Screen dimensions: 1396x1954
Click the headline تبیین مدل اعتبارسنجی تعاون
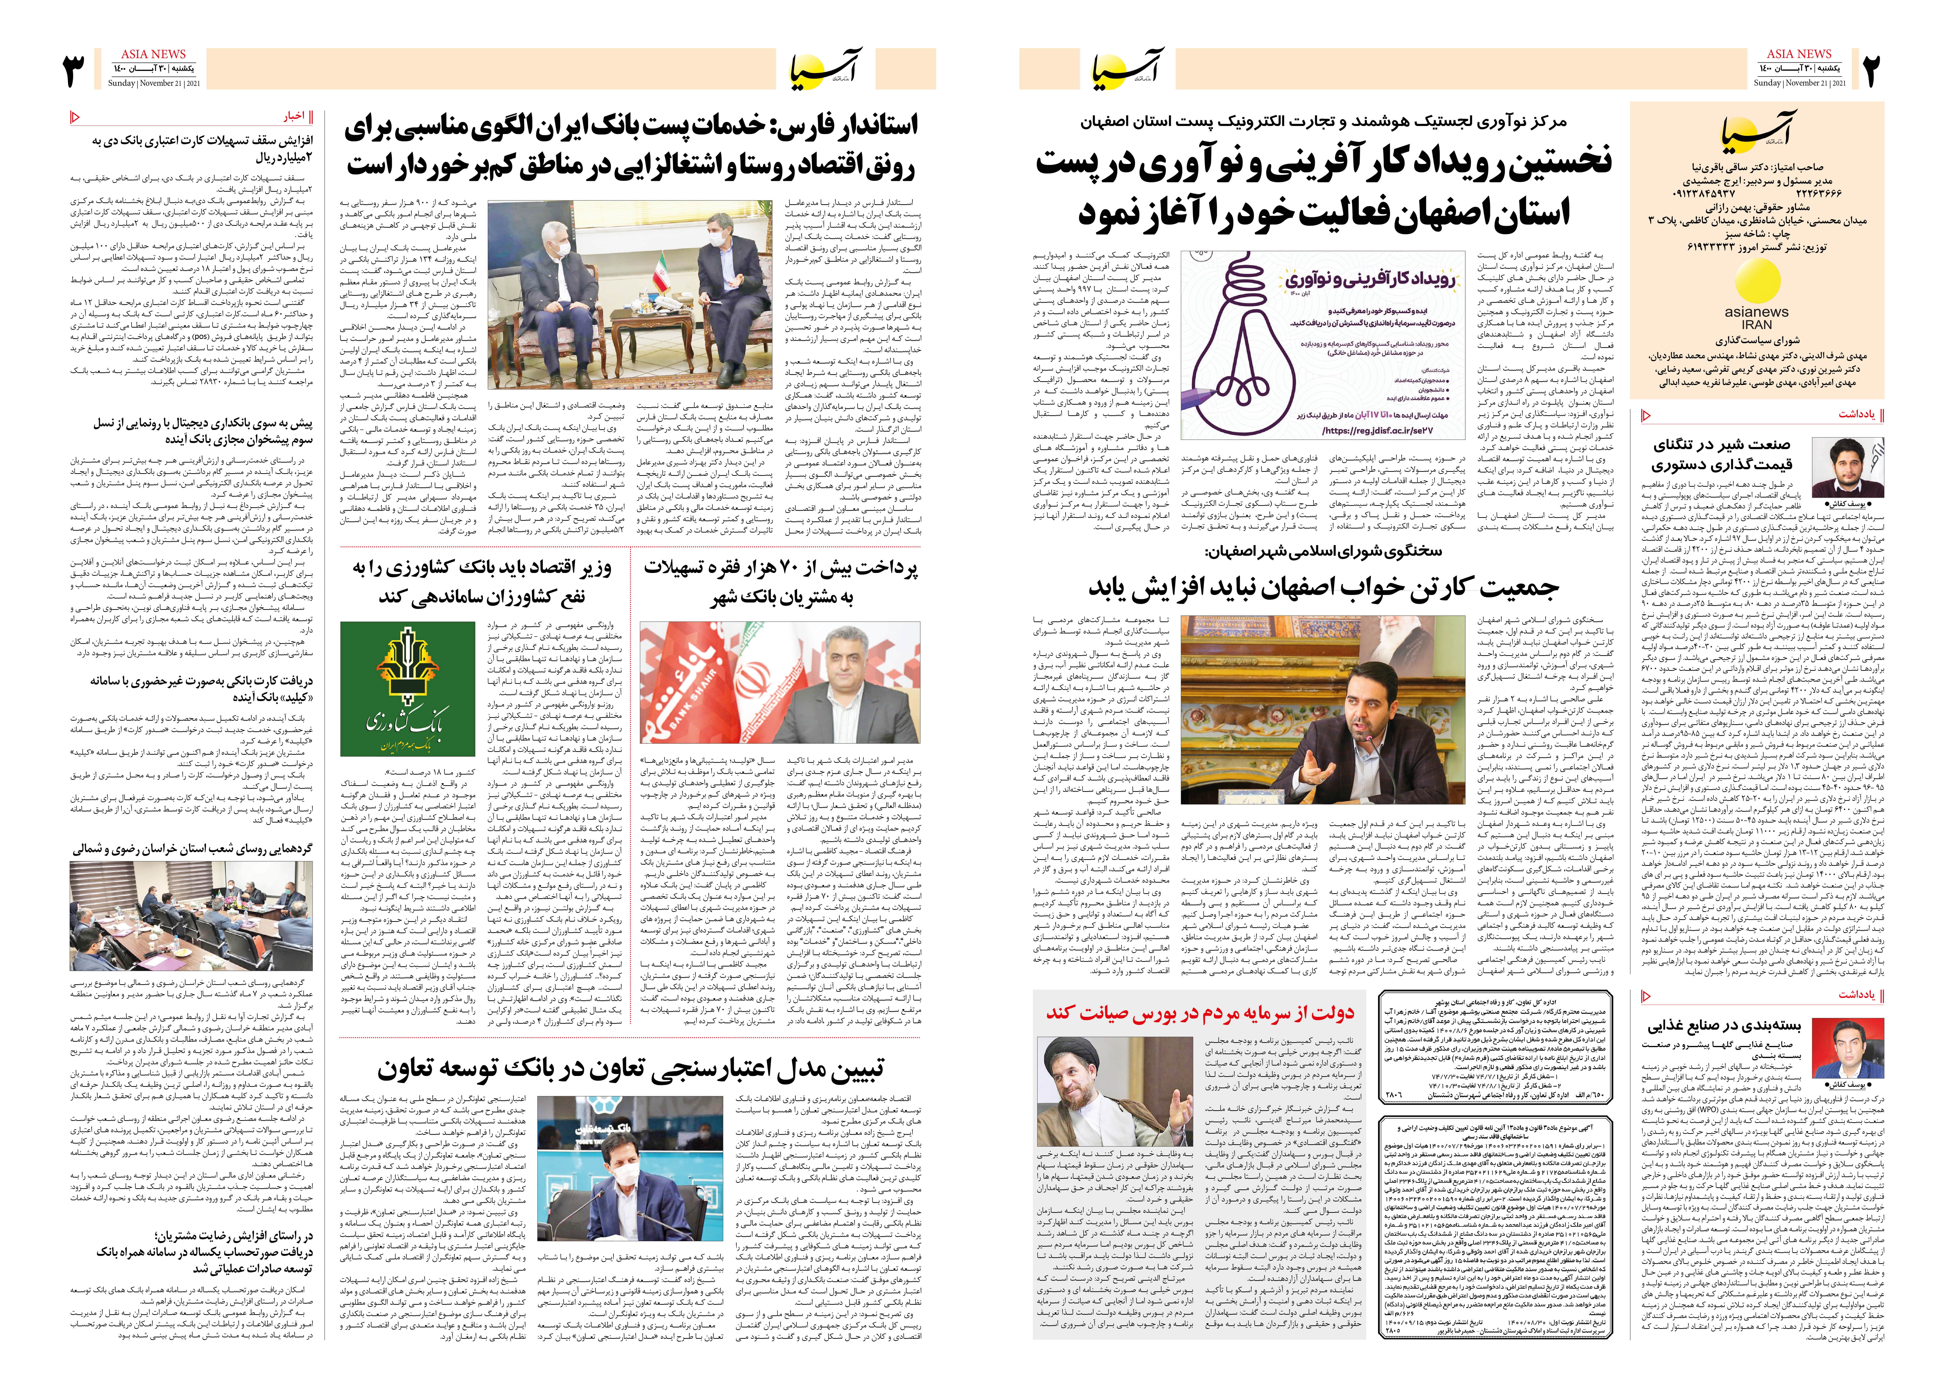point(630,1068)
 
